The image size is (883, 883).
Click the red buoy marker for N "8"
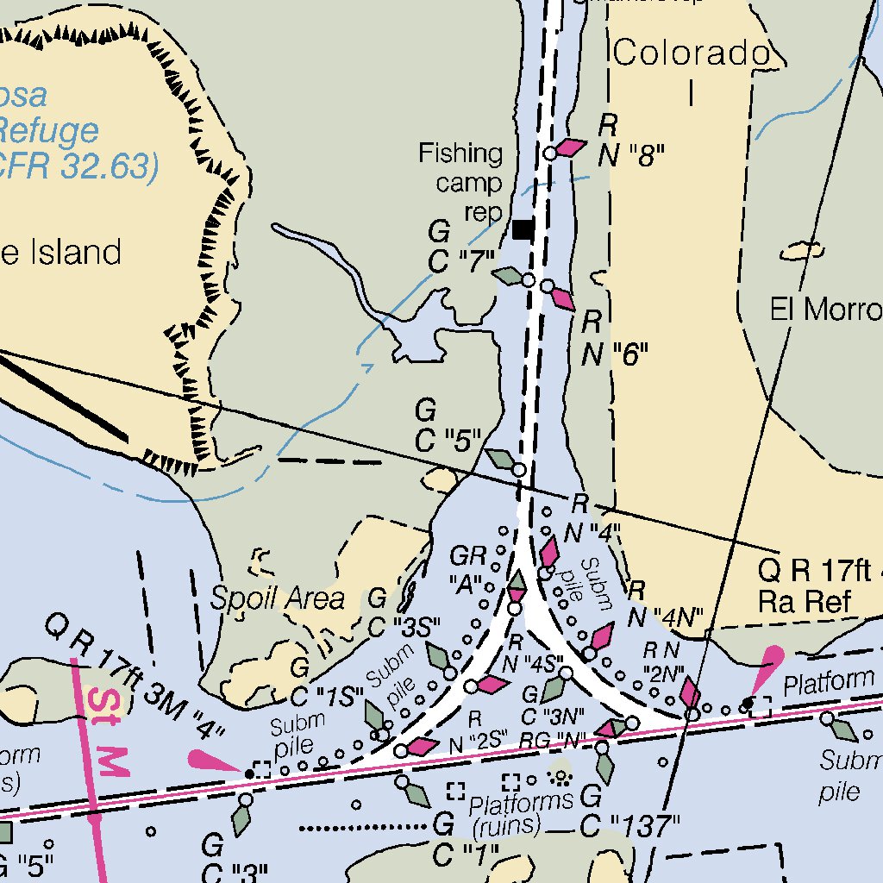[569, 147]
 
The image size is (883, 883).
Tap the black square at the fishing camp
[522, 229]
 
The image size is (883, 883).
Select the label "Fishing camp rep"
[460, 183]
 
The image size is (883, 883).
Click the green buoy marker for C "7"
[509, 276]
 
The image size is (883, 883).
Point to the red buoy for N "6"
[561, 298]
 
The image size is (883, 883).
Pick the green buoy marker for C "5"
[500, 460]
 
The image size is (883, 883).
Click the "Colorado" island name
[690, 53]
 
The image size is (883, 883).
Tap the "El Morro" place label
[826, 310]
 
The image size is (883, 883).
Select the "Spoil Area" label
[278, 598]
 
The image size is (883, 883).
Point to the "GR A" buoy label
[469, 571]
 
